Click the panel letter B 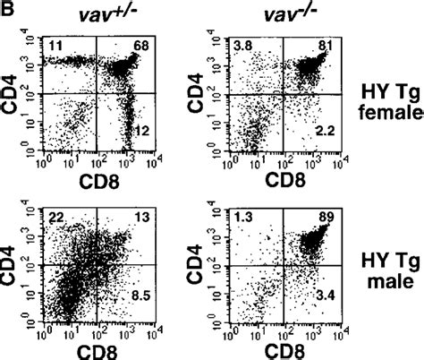click(x=8, y=9)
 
